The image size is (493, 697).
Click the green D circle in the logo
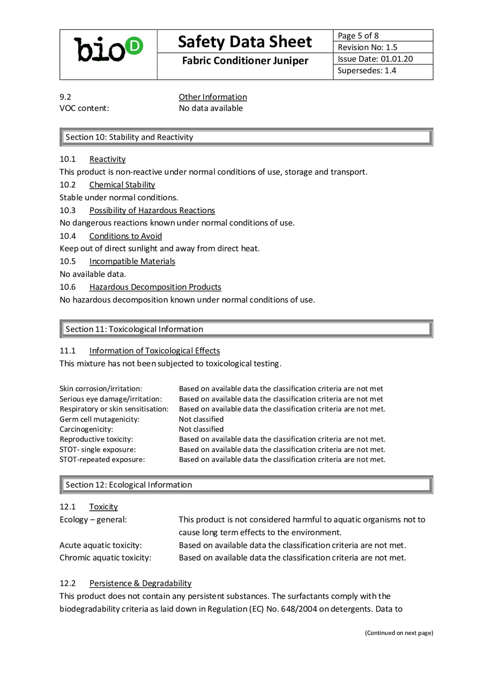coord(134,46)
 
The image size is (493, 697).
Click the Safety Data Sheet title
coord(245,42)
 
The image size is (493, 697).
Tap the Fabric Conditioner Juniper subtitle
coord(245,61)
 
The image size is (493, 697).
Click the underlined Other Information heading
coord(213,97)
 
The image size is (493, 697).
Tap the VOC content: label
coord(84,108)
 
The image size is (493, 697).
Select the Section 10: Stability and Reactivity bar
coord(246,137)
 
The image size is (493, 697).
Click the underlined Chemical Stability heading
coord(122,185)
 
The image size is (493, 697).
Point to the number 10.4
coord(68,236)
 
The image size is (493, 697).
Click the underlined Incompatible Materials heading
coord(132,262)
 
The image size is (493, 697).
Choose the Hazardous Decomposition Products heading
coord(155,287)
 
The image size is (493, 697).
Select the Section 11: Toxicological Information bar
coord(246,329)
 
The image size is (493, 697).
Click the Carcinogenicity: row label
coord(86,430)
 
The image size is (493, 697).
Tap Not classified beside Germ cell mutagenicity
coord(201,419)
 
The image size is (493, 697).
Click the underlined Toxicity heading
coord(103,507)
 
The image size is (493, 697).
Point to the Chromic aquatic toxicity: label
coord(105,558)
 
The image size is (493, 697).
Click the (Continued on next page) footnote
coord(399,633)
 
